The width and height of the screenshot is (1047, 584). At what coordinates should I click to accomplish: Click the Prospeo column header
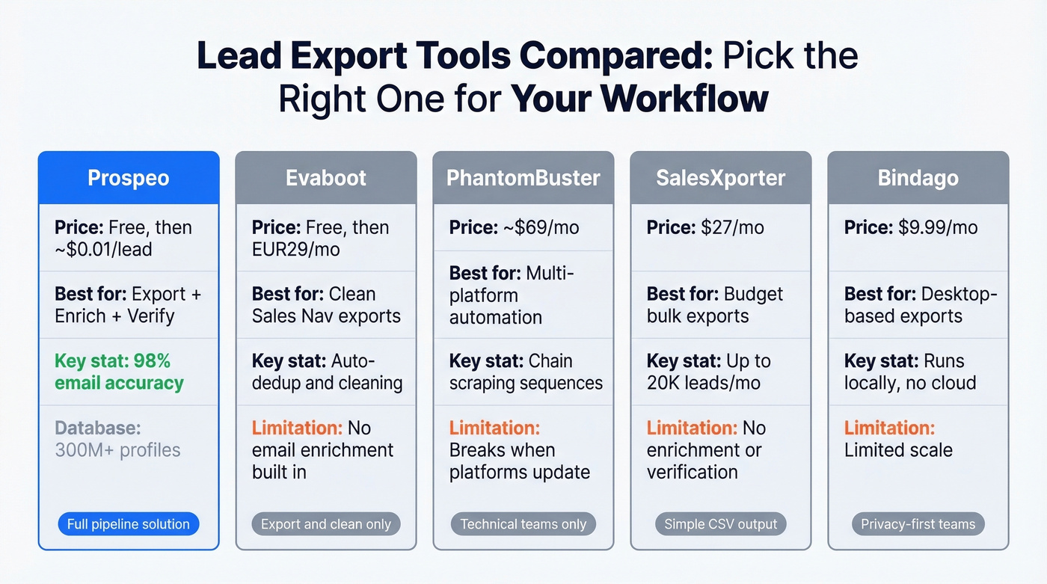(x=129, y=179)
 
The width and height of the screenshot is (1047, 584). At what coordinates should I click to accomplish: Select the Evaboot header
(x=326, y=179)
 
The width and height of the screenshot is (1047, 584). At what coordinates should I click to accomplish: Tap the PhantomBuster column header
(x=523, y=179)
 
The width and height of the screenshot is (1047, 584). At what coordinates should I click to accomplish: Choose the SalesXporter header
(x=721, y=179)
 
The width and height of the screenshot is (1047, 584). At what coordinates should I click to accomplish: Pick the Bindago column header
(x=918, y=179)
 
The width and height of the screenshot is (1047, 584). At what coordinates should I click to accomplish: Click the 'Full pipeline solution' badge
(x=129, y=524)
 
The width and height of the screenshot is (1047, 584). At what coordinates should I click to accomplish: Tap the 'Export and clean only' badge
(x=326, y=524)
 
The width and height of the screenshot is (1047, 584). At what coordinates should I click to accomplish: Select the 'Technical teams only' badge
(x=523, y=524)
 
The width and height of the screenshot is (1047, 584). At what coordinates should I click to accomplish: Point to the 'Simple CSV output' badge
(x=721, y=524)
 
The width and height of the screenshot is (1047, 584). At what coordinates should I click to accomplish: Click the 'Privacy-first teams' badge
(x=918, y=524)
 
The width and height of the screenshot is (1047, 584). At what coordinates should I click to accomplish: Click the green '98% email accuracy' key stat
(x=119, y=372)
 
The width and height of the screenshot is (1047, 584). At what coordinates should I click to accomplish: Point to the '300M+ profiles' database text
(x=117, y=450)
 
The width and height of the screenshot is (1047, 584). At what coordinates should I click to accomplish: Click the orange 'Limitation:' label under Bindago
(x=889, y=428)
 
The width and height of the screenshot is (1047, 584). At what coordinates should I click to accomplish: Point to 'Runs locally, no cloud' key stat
(x=910, y=372)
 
